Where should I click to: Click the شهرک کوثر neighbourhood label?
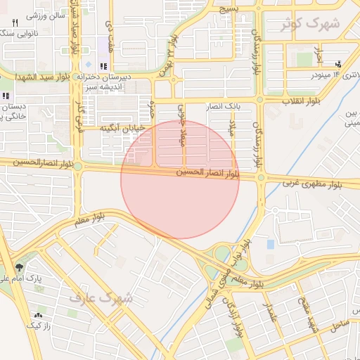[x=309, y=24]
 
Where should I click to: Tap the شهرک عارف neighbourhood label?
[x=101, y=297]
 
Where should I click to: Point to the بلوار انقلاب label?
[x=302, y=101]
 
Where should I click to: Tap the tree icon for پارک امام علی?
[x=19, y=268]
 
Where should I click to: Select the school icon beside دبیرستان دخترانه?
[x=104, y=67]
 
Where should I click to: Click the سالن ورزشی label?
[x=48, y=15]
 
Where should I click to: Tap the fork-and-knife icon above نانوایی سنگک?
[x=15, y=23]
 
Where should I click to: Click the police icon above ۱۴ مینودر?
[x=338, y=64]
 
